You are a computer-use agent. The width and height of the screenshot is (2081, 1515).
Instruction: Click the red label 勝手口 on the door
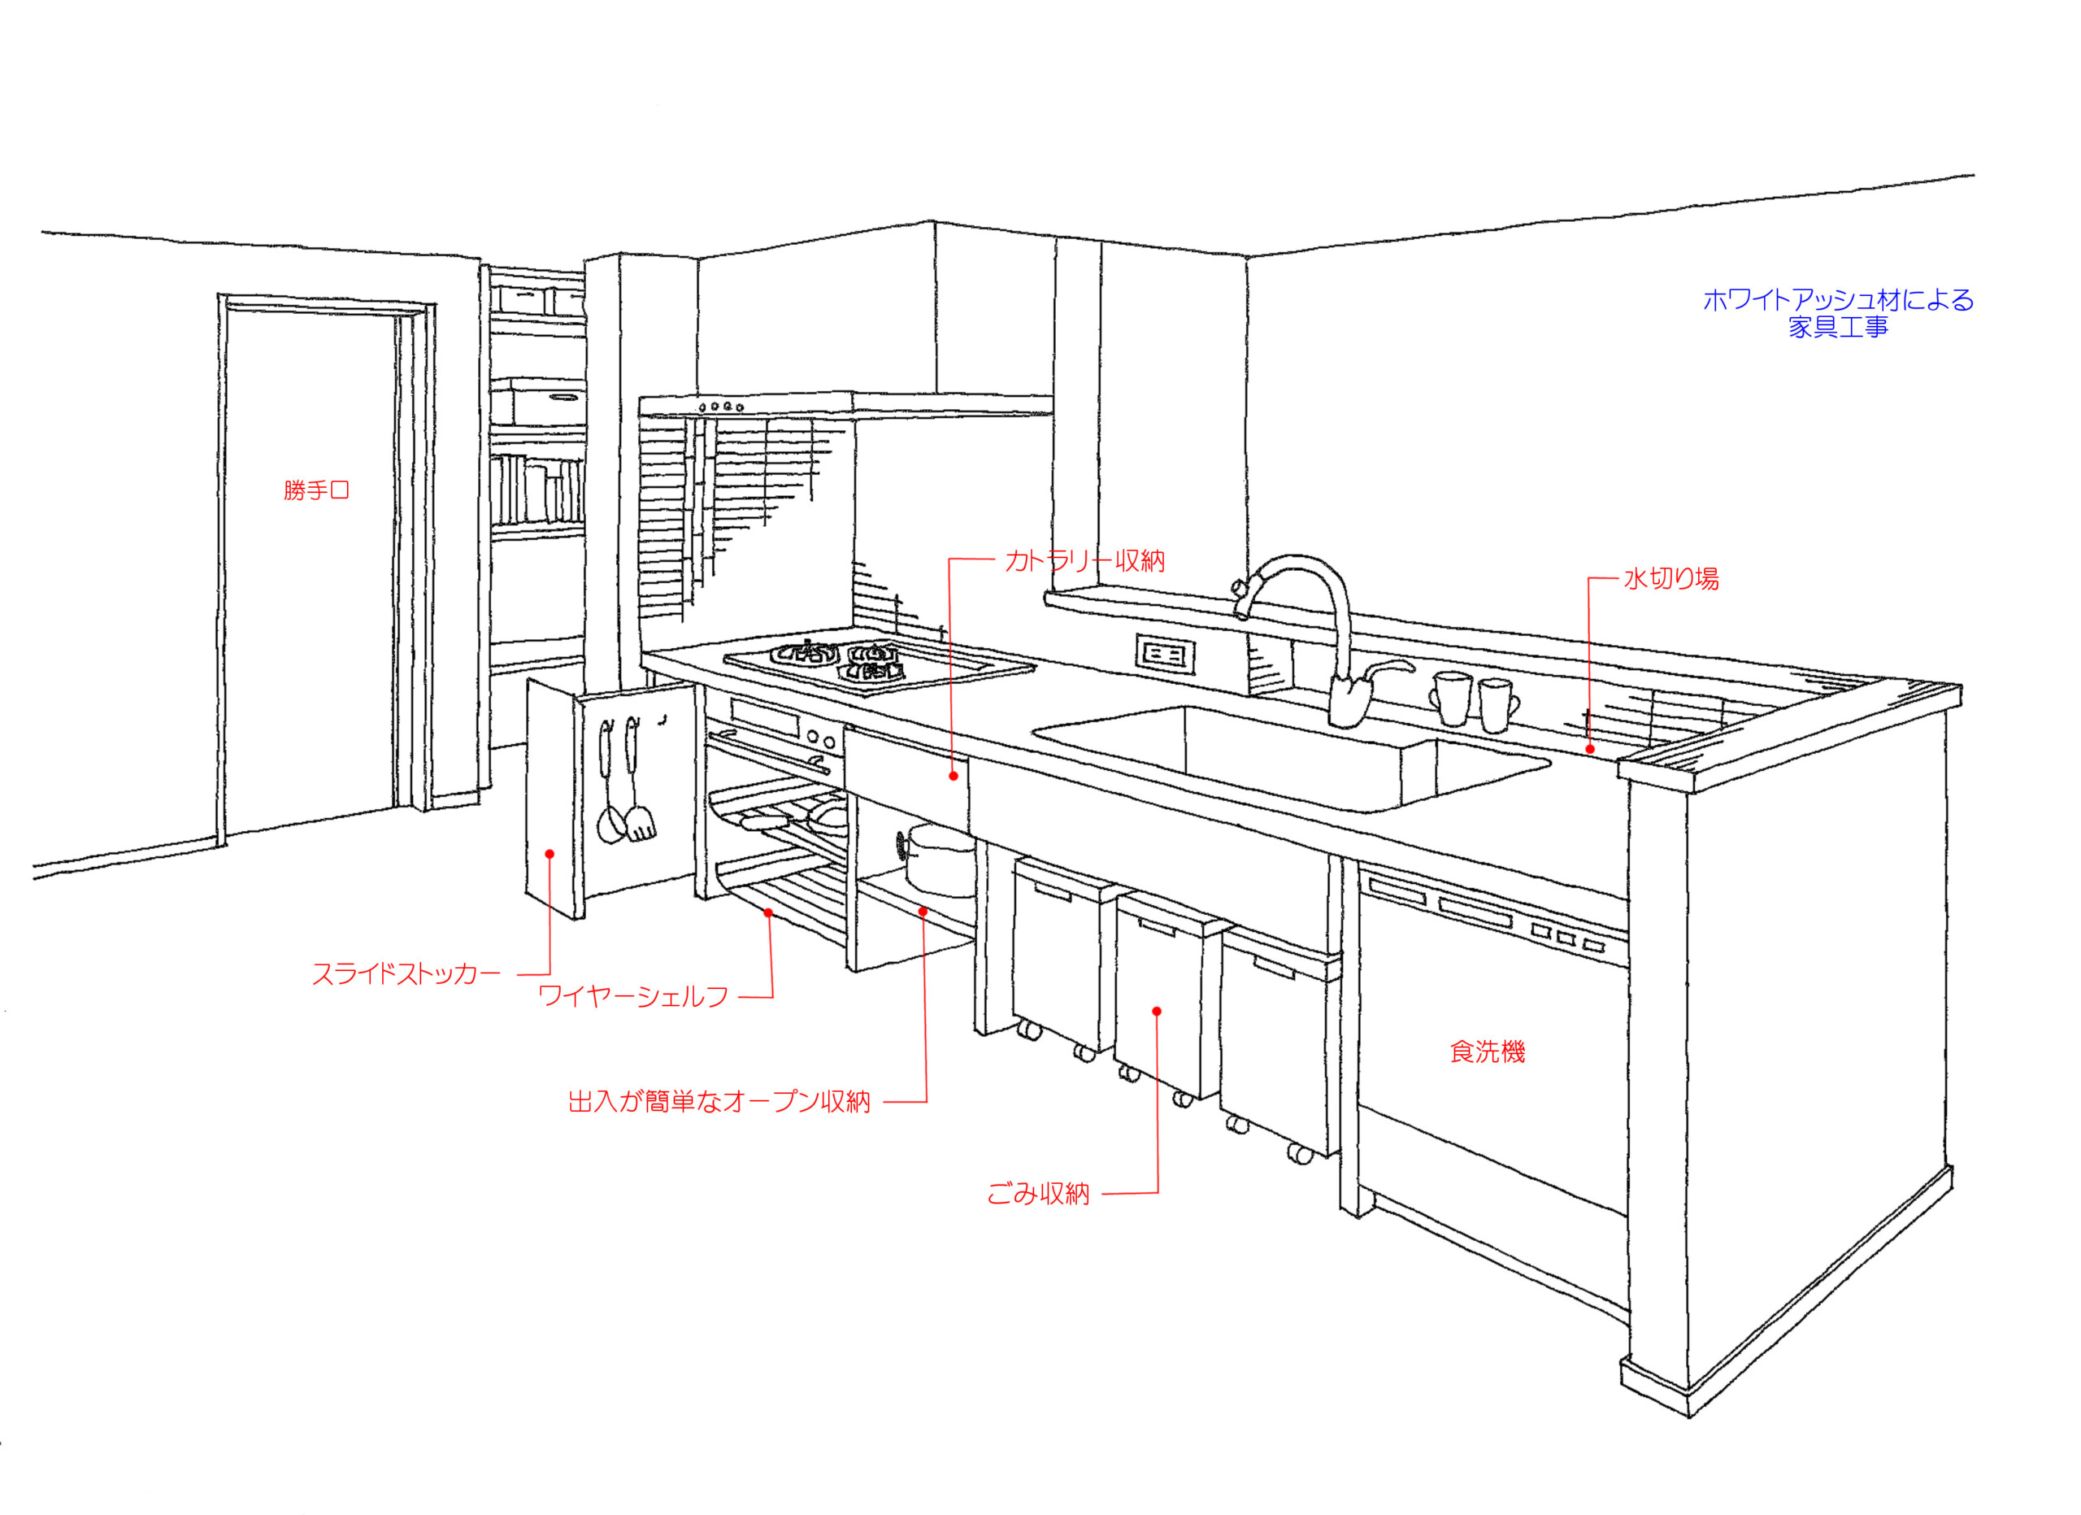coord(316,491)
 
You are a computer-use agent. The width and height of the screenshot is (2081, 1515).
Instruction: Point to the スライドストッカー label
coord(406,974)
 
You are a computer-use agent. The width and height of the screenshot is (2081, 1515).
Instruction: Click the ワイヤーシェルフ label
coord(633,996)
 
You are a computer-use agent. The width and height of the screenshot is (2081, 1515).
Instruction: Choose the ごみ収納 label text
coord(1038,1195)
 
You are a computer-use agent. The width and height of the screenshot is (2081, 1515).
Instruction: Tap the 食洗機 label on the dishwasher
coord(1488,1052)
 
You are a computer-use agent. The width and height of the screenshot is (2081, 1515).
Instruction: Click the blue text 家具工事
coord(1838,328)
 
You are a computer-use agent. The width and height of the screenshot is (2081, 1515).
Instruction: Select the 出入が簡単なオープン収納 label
coord(719,1102)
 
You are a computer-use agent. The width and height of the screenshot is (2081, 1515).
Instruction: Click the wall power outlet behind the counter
coord(1166,655)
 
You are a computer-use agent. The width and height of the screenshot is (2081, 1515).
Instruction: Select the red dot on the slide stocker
coord(550,855)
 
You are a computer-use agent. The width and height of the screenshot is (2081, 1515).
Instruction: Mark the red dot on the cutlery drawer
coord(954,777)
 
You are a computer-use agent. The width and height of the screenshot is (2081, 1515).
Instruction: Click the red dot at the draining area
coord(1590,750)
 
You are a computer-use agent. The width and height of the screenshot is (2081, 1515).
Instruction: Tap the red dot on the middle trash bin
coord(1157,1012)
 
